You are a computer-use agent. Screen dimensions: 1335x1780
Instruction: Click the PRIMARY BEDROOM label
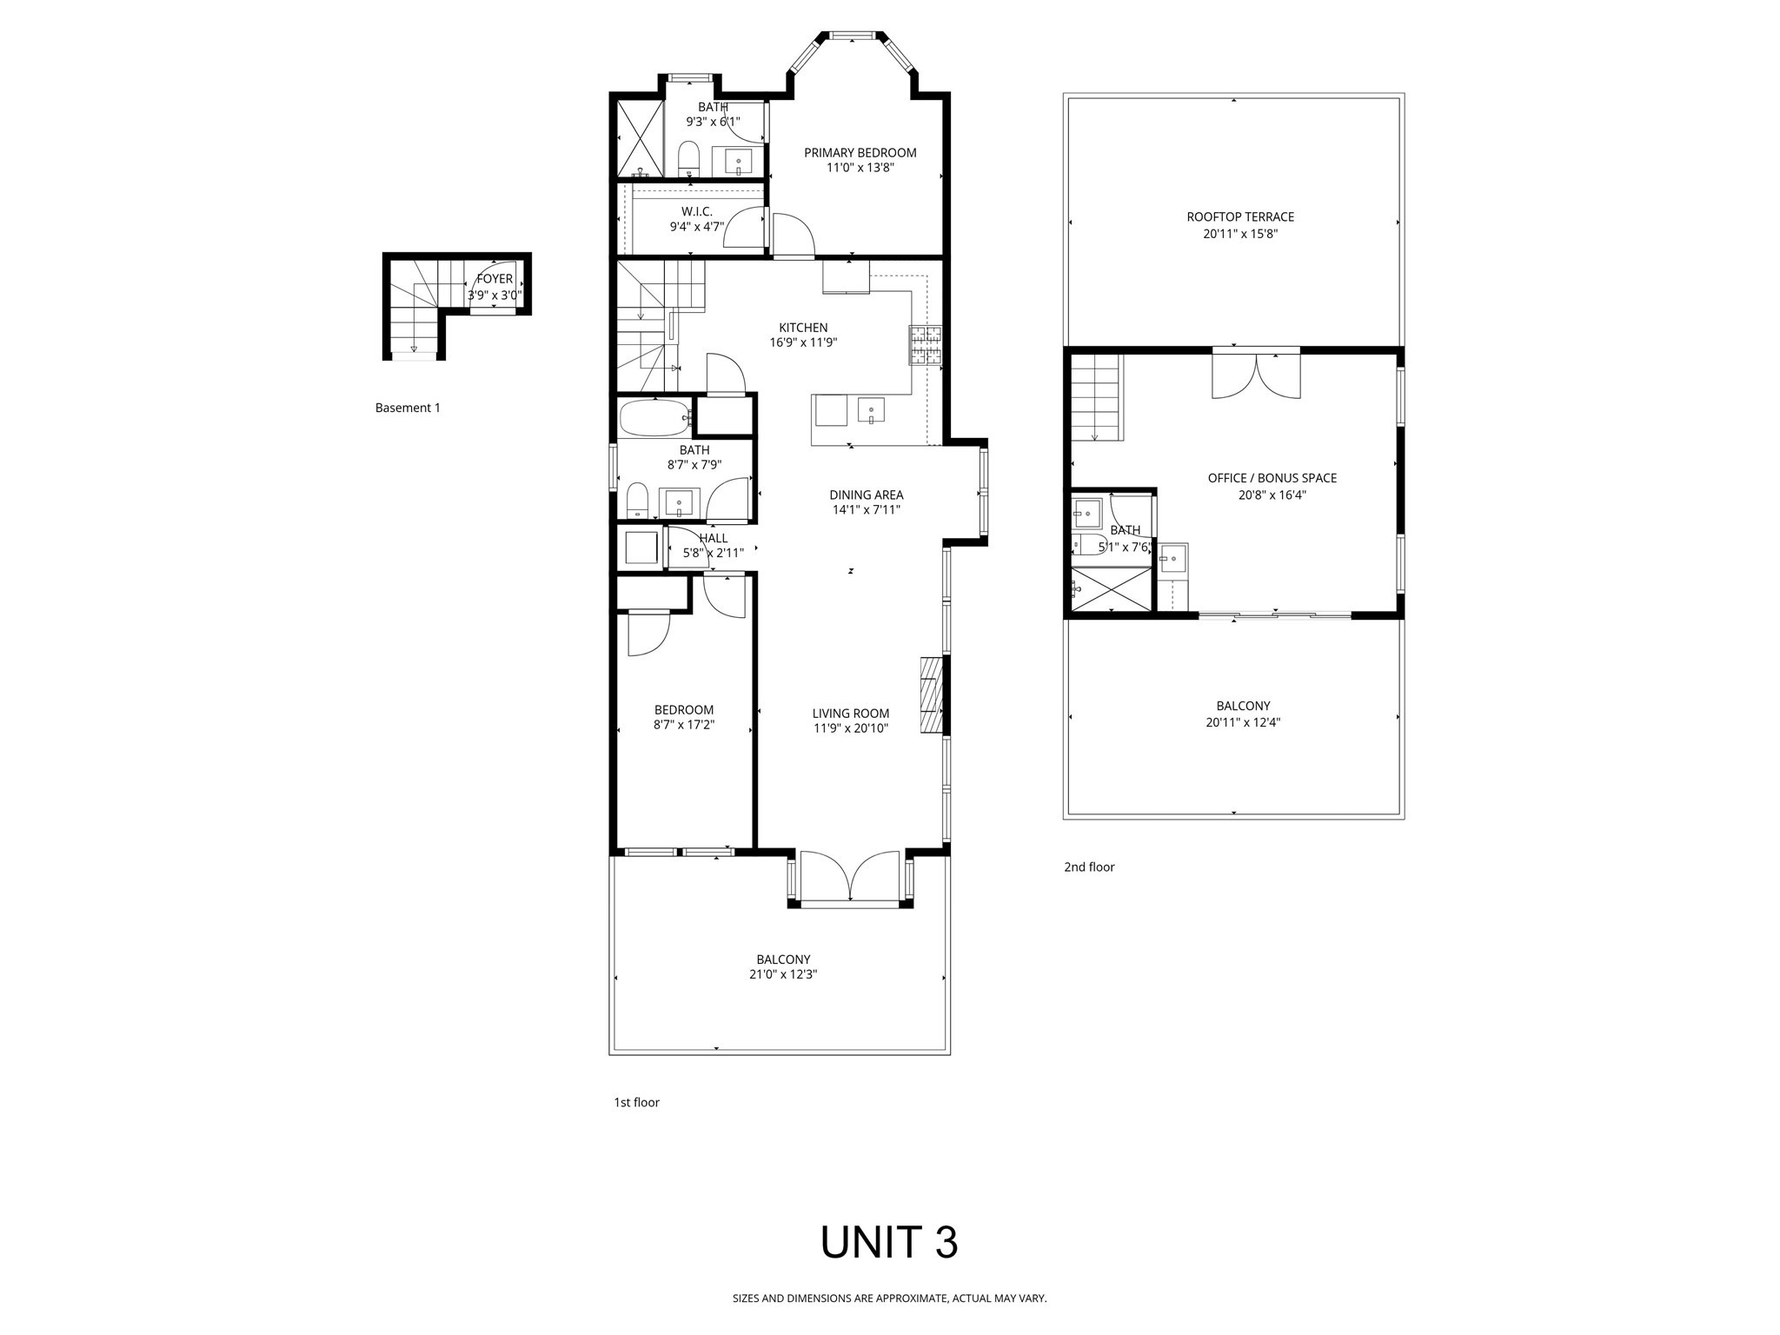click(x=860, y=153)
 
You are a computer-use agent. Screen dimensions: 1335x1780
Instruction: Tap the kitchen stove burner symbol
click(x=926, y=345)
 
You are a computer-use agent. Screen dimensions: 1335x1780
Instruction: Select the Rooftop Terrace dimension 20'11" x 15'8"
click(x=1232, y=234)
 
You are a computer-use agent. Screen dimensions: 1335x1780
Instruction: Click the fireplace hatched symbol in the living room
click(x=932, y=696)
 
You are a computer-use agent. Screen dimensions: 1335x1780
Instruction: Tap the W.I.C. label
click(x=696, y=212)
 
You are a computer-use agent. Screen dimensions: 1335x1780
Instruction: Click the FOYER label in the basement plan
click(x=495, y=280)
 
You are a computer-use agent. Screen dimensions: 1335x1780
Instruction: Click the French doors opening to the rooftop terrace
click(x=1256, y=375)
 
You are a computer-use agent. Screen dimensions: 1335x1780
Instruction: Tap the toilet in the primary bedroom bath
click(x=688, y=158)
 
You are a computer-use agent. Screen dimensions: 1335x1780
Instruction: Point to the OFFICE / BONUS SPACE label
click(x=1272, y=478)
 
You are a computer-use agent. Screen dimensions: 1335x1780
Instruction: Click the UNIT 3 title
click(x=888, y=1243)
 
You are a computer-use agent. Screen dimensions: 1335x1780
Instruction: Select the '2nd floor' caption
click(x=1088, y=867)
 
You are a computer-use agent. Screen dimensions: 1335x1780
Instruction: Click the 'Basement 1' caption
click(x=408, y=408)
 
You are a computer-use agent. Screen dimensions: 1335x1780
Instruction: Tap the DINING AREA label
click(x=866, y=495)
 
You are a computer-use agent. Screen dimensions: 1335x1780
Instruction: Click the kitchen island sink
click(x=870, y=409)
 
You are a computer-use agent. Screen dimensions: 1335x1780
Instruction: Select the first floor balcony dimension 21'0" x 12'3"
click(x=783, y=974)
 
